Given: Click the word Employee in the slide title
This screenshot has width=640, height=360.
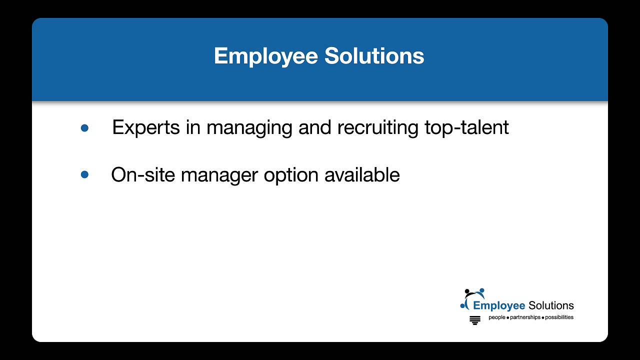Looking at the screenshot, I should (x=266, y=56).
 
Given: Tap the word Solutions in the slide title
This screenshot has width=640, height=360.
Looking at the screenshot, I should (x=374, y=56).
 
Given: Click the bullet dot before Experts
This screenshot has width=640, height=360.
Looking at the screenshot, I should (x=84, y=128).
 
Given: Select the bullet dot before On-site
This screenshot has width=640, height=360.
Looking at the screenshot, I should (x=84, y=174).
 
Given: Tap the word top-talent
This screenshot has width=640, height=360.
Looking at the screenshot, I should (x=466, y=127).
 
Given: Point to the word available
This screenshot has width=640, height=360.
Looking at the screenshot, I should (x=362, y=174).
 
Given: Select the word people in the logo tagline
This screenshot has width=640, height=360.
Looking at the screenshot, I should (x=497, y=317).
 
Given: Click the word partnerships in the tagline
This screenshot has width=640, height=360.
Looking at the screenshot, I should (x=525, y=317).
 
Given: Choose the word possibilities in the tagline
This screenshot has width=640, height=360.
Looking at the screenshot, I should (x=559, y=317).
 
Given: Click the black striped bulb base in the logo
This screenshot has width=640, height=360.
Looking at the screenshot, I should (x=475, y=320).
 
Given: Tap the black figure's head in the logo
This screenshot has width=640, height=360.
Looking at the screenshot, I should (x=467, y=291).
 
